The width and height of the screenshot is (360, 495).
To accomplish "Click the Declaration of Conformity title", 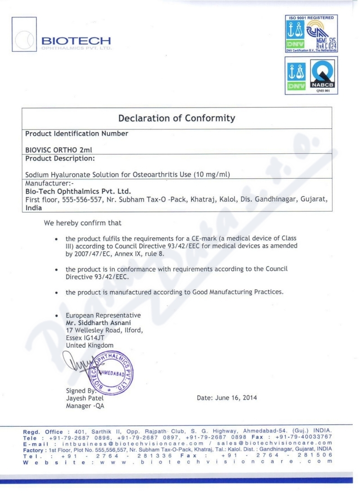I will (176, 118).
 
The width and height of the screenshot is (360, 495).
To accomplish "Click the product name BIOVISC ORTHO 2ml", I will (58, 150).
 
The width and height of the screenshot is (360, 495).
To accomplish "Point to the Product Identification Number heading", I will (76, 134).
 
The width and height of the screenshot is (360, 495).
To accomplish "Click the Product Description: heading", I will (60, 158).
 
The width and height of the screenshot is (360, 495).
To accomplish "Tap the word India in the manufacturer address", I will (33, 208).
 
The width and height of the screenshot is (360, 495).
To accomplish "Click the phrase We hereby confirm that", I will (82, 223).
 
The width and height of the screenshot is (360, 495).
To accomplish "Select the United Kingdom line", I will (90, 345).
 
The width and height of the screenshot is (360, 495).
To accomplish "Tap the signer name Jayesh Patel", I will (85, 398).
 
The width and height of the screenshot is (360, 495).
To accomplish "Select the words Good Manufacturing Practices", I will (238, 292).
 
